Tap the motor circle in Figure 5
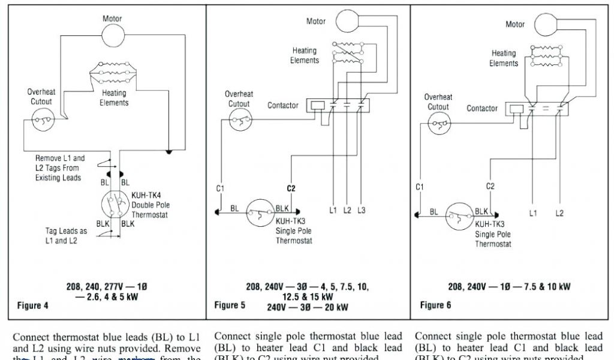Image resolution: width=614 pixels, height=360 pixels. [345, 22]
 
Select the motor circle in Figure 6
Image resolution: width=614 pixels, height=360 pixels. [545, 25]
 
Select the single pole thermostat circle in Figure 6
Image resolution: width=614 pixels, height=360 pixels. [459, 216]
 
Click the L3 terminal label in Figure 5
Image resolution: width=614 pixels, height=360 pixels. [361, 211]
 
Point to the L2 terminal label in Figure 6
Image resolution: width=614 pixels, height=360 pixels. [559, 213]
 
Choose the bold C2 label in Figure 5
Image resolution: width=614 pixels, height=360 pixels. [291, 188]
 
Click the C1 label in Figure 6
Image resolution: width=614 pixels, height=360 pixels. [420, 187]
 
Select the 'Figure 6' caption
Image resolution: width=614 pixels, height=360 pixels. [435, 305]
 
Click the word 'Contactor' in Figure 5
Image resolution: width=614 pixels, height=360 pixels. [283, 106]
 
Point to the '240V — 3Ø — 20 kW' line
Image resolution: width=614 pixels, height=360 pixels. [298, 307]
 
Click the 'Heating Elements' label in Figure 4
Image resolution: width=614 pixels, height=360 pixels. [114, 98]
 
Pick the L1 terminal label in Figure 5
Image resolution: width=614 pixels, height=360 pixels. [333, 211]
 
